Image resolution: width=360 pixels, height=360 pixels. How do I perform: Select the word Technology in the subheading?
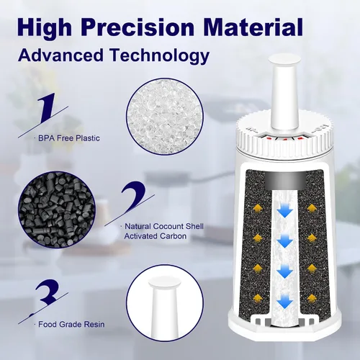(160, 56)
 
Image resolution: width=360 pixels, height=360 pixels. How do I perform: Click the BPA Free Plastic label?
(69, 138)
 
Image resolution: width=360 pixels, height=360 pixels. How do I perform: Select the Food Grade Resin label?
(71, 325)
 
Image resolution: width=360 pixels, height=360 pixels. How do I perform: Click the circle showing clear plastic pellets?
(165, 117)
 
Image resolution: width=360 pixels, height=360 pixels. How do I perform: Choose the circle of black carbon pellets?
(57, 210)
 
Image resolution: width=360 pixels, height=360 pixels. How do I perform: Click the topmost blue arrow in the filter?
(284, 210)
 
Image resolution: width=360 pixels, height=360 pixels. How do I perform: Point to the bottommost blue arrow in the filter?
(284, 301)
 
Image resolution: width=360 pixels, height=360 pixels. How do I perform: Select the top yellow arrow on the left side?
(258, 208)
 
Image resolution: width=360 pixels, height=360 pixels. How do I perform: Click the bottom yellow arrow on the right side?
(312, 298)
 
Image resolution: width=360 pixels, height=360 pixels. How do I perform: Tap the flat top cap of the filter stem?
(284, 59)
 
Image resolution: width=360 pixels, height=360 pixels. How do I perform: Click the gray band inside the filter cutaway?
(286, 181)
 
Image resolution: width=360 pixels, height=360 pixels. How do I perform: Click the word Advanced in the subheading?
(61, 55)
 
